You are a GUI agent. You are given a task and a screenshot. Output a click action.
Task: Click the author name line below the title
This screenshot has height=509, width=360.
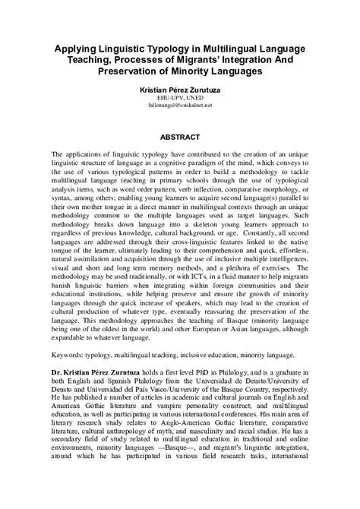pyautogui.click(x=180, y=90)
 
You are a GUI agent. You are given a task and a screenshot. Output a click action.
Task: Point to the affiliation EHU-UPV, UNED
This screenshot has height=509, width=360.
pyautogui.click(x=180, y=98)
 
